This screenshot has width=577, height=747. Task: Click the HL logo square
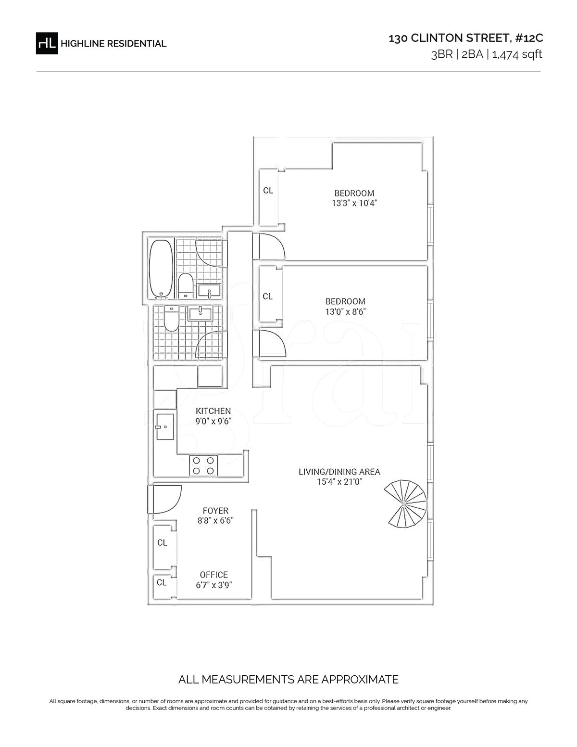(x=47, y=43)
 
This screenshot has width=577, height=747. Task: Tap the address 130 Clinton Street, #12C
(x=466, y=38)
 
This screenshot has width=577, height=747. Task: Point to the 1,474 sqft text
(x=517, y=54)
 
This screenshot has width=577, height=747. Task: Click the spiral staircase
(x=405, y=504)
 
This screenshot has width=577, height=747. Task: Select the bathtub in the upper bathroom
(x=161, y=269)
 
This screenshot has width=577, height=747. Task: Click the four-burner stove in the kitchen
(x=203, y=465)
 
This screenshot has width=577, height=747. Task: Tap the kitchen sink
(x=165, y=426)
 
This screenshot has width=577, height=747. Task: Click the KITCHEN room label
(x=213, y=411)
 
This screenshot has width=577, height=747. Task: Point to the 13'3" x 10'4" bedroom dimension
(x=354, y=203)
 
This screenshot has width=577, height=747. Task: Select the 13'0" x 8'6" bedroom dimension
(x=345, y=312)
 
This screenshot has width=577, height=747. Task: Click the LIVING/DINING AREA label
(x=339, y=472)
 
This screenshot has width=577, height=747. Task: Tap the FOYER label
(x=215, y=511)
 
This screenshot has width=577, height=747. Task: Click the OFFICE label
(x=214, y=575)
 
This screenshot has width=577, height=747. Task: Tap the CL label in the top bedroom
(x=268, y=190)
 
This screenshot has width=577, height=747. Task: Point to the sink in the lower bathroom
(x=201, y=314)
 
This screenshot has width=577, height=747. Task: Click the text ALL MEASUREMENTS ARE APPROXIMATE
(x=288, y=679)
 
